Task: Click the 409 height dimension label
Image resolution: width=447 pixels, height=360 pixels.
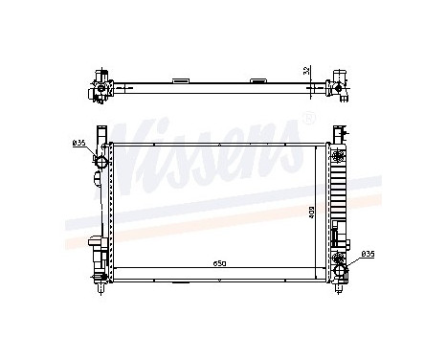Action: [311, 212]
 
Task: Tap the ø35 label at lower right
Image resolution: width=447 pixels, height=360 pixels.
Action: [368, 255]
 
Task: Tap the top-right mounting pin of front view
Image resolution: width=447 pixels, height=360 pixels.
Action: [337, 133]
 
